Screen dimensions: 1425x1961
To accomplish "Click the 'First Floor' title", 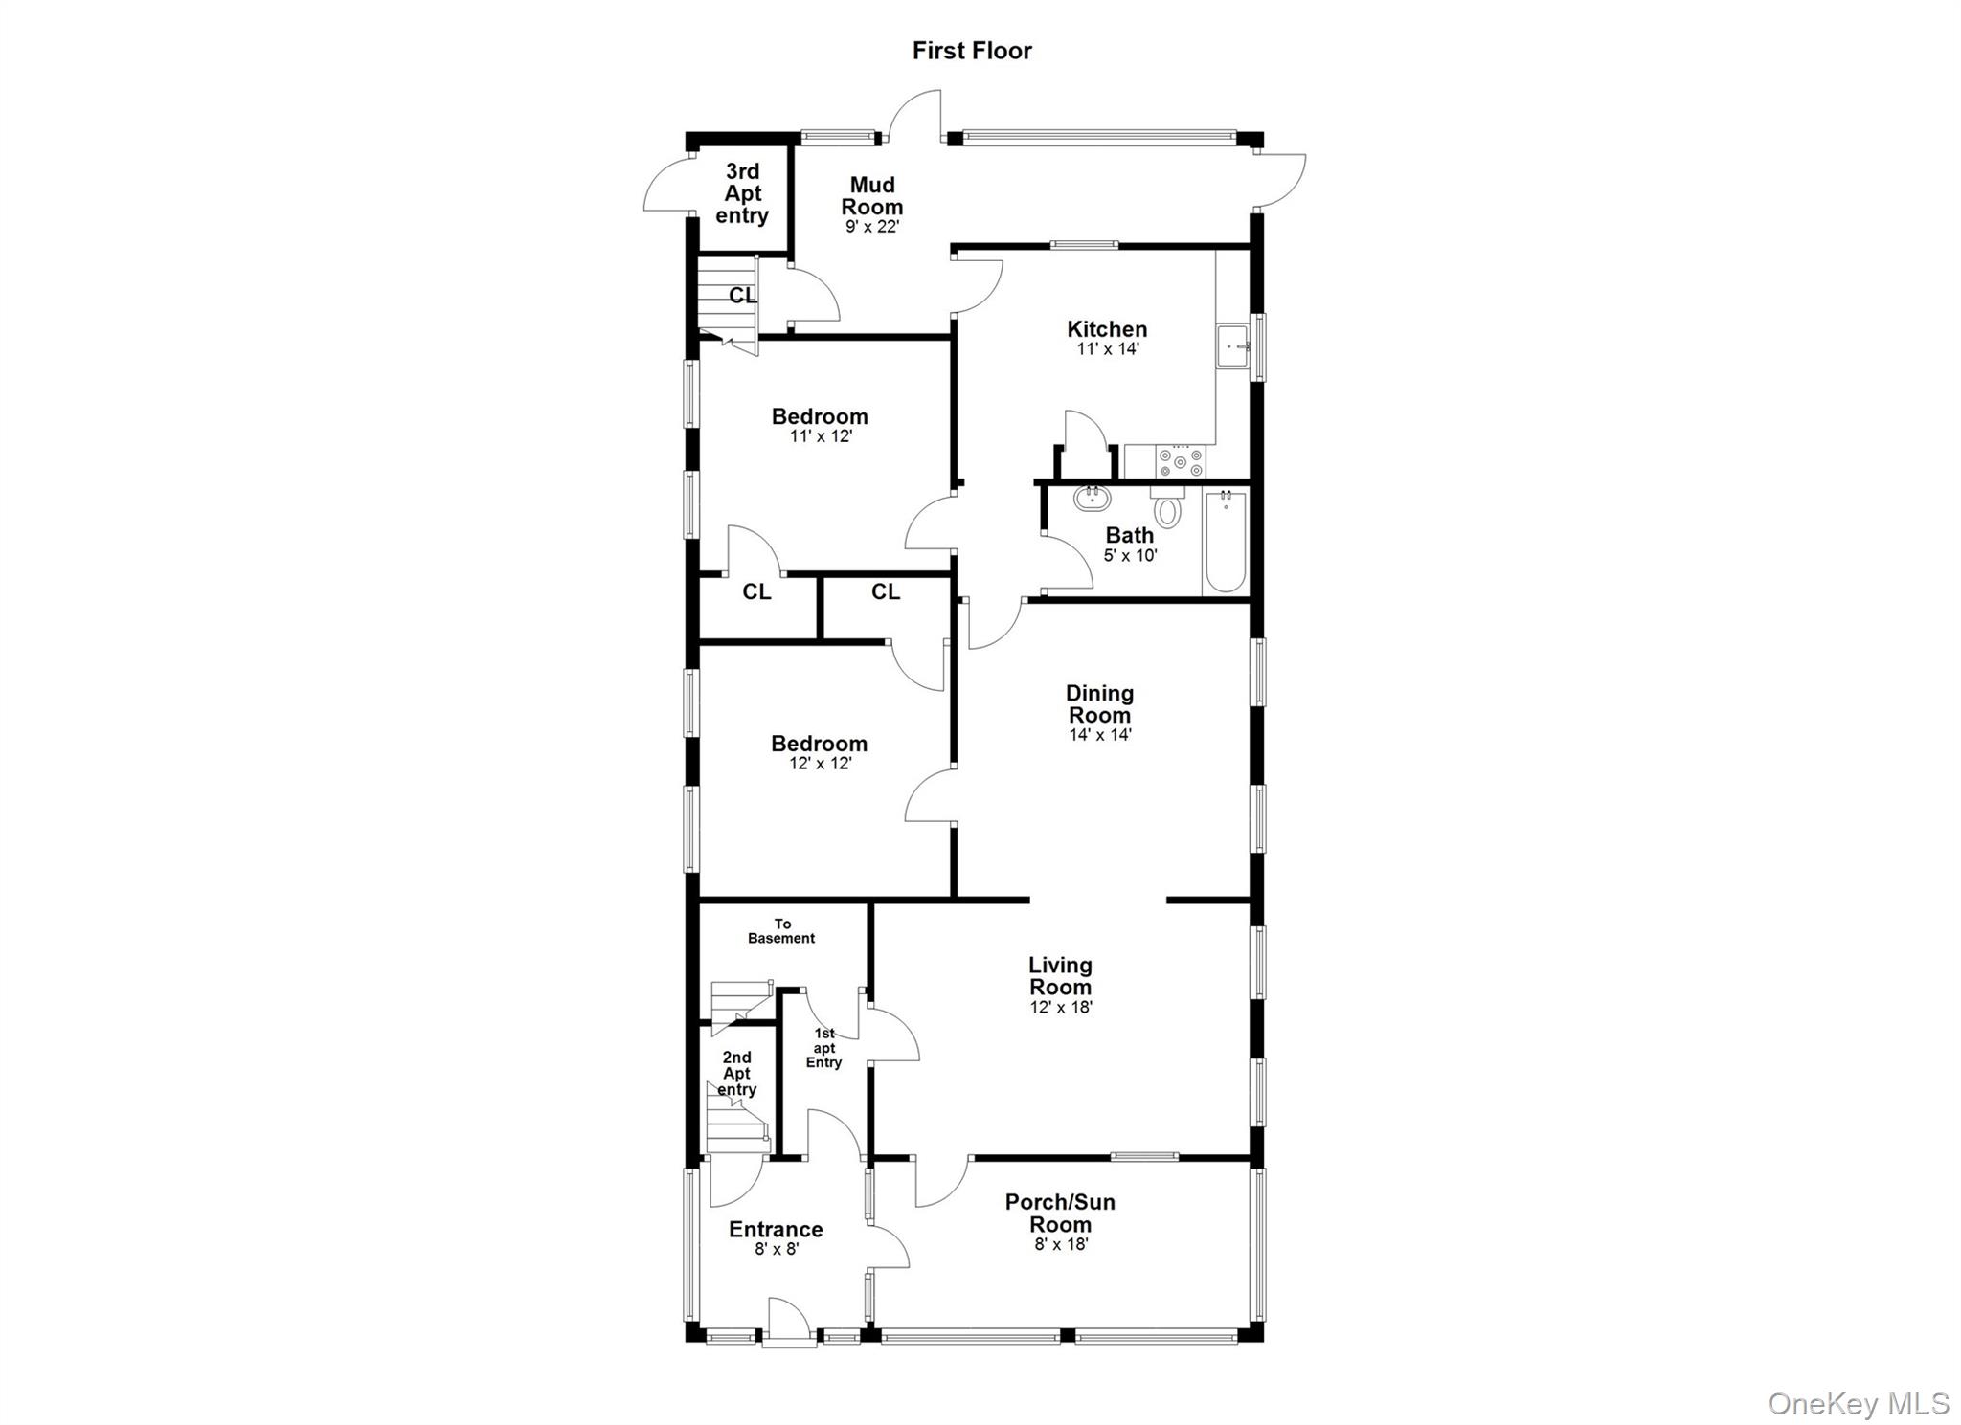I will (971, 51).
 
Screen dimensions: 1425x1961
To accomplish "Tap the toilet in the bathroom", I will (1166, 508).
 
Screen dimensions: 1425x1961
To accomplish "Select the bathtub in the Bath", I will (1225, 542).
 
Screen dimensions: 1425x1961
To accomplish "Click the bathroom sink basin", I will (1092, 498).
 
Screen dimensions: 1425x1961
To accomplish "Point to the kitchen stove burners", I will (1181, 462).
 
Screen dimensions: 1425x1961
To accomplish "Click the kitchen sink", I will (1231, 346).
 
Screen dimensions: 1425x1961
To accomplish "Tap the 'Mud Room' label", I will (872, 196).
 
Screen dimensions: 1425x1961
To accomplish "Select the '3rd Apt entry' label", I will (742, 193).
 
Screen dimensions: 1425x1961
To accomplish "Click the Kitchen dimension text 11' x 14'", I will (1108, 349).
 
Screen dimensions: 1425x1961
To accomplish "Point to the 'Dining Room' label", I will (1099, 703).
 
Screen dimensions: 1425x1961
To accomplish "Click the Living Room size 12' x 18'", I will (1061, 1007).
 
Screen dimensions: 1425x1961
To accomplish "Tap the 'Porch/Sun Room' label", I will (1060, 1213).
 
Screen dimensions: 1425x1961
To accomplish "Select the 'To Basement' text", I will (782, 931).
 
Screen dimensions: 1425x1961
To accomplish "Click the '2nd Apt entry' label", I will (736, 1073).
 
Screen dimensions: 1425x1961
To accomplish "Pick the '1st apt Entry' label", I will (824, 1048).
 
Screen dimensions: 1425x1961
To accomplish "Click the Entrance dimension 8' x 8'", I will (777, 1249).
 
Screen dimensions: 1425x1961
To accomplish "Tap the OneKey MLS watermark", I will (1858, 1404).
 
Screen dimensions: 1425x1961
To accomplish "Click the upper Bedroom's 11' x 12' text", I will (821, 436).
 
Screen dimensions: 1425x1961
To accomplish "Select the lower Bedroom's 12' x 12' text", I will (820, 764).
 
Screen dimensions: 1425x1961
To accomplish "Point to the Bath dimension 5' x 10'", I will (1130, 555).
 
